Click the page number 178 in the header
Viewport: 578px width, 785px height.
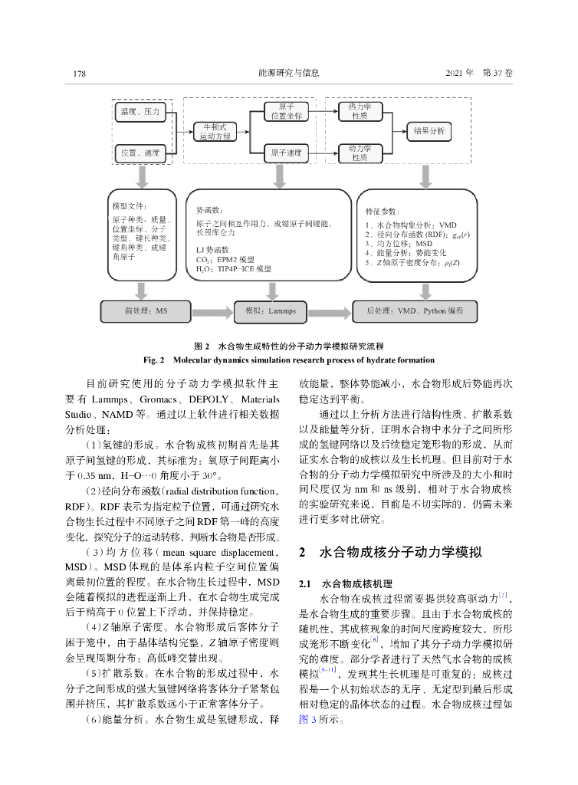(78, 74)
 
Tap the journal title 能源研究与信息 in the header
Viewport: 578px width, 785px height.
(289, 74)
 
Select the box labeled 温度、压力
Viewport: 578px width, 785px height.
(140, 112)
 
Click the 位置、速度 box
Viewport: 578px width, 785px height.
(140, 153)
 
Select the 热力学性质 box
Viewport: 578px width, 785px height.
(360, 112)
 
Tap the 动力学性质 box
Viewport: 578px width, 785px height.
(360, 152)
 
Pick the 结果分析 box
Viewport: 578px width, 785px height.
(429, 131)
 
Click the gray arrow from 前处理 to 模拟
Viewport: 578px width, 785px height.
(209, 311)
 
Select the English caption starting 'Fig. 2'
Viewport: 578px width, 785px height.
(289, 360)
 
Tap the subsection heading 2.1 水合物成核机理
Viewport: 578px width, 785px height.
(344, 583)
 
